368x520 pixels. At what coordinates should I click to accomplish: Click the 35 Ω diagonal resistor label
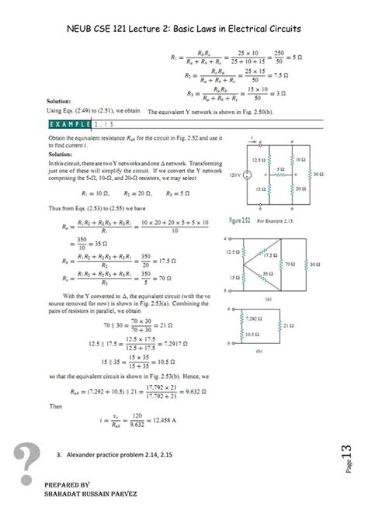coord(268,273)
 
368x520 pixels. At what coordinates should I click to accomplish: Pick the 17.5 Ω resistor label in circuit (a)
coord(271,255)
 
